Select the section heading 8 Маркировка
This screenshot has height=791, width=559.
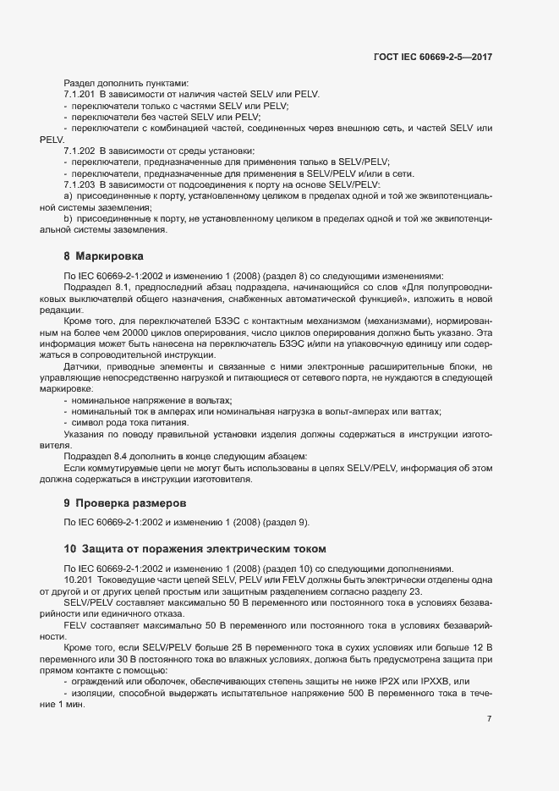click(103, 255)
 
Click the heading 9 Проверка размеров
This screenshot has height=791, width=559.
click(119, 503)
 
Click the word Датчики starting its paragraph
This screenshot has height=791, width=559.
click(83, 366)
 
